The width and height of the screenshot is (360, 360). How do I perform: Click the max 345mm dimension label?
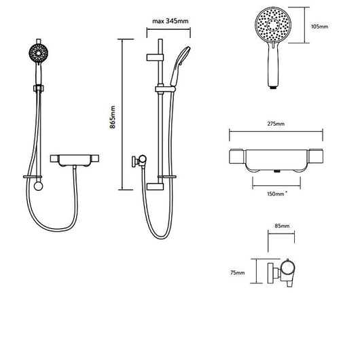click(x=170, y=21)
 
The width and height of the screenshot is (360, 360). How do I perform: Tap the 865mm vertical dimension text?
click(x=113, y=117)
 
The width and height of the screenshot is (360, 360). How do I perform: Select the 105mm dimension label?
click(x=319, y=26)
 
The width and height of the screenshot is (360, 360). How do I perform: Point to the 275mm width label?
click(x=276, y=124)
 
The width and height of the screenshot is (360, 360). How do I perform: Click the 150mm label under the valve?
click(x=276, y=194)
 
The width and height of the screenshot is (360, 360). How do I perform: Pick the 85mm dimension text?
click(x=282, y=226)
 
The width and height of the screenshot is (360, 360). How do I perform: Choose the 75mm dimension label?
click(x=238, y=273)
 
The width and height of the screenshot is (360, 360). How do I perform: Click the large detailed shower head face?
click(x=273, y=25)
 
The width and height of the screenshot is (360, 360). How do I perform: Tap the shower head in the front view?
click(x=38, y=53)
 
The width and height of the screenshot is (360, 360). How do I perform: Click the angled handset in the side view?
click(x=180, y=66)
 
